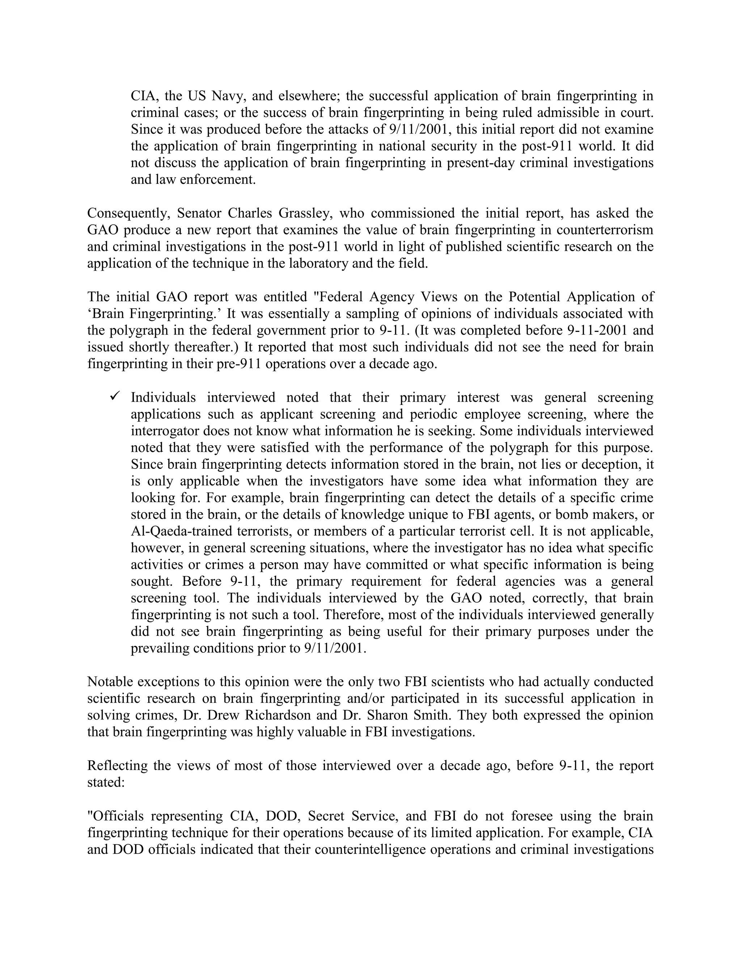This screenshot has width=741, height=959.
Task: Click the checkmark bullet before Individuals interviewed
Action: pyautogui.click(x=115, y=397)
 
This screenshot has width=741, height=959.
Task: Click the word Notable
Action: pyautogui.click(x=110, y=681)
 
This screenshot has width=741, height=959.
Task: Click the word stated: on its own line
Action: pyautogui.click(x=106, y=782)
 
